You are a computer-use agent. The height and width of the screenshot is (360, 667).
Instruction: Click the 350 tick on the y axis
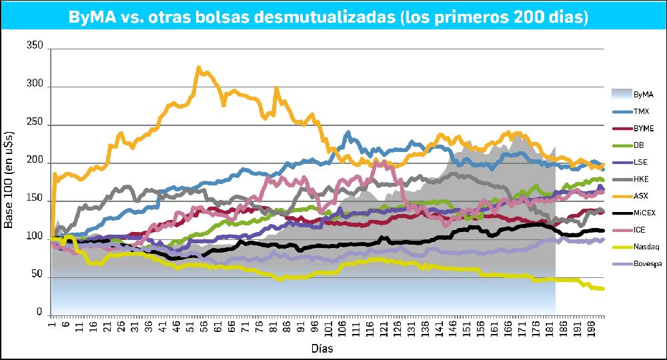[35, 47]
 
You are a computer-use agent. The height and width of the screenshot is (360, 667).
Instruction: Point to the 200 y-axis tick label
[35, 162]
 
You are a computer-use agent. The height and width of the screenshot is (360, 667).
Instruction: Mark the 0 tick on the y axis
[39, 313]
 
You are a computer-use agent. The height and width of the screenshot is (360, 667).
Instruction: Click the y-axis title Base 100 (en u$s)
[9, 181]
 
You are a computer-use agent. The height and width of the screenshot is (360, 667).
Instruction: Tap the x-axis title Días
[322, 349]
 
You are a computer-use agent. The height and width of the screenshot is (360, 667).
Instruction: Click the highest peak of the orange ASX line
[199, 67]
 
